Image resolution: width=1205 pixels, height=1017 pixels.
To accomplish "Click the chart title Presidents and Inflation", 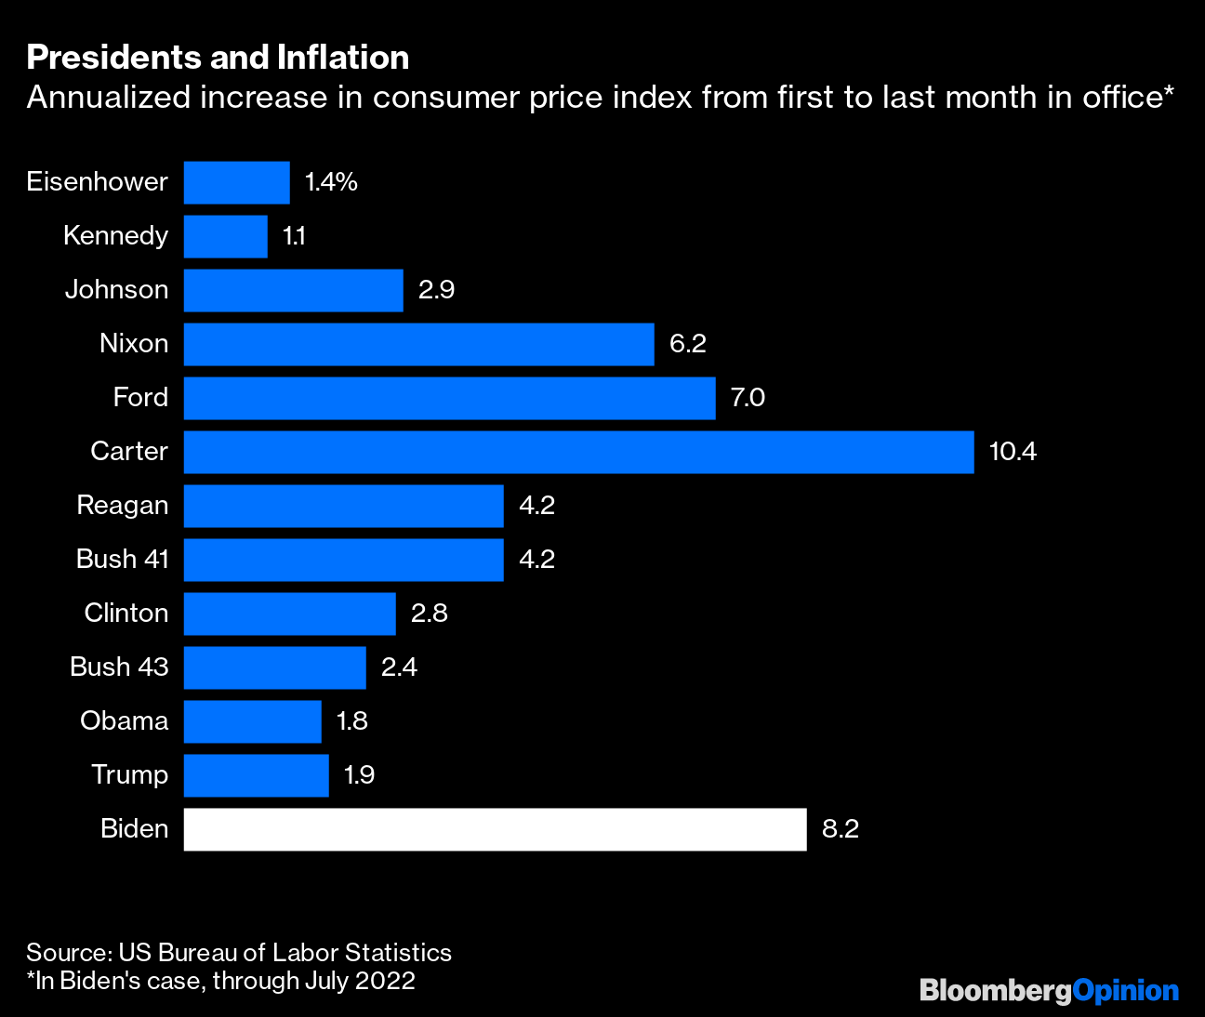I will coord(218,58).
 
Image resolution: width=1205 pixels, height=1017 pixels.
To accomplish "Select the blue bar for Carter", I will coord(578,452).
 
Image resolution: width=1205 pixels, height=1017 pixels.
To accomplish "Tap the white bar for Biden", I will coord(495,829).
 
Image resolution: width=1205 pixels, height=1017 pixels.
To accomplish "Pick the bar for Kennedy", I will coord(225,236).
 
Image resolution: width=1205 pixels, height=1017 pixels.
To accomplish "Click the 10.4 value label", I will coord(1013,452).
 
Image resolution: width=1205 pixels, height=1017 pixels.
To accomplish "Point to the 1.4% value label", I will coord(331,182).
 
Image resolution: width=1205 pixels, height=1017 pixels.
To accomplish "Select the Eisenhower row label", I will coord(98,182).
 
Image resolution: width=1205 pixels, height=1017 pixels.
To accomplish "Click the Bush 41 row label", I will coord(123,560).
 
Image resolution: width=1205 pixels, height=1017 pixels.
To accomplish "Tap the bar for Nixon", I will coord(418,344).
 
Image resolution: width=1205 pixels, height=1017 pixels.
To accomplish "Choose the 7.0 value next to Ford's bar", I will coord(748,398).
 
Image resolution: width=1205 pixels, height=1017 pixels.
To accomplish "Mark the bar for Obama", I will coord(252,721).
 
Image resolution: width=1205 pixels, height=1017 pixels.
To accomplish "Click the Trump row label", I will coord(130,775).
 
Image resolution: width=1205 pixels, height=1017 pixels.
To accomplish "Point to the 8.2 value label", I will coord(841,829).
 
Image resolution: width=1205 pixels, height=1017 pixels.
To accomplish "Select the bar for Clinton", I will coord(289,614).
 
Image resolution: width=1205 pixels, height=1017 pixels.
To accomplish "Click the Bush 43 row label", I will coord(120,667).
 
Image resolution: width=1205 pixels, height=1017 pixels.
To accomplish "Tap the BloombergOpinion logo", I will coord(1049,991).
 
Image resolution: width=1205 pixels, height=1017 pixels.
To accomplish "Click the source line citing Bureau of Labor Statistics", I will coord(239,953).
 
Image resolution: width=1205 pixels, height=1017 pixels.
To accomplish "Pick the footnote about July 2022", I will coord(221,981).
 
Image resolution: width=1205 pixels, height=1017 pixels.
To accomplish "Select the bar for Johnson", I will coord(293,290).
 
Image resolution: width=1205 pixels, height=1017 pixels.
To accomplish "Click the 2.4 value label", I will coord(399,667).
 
